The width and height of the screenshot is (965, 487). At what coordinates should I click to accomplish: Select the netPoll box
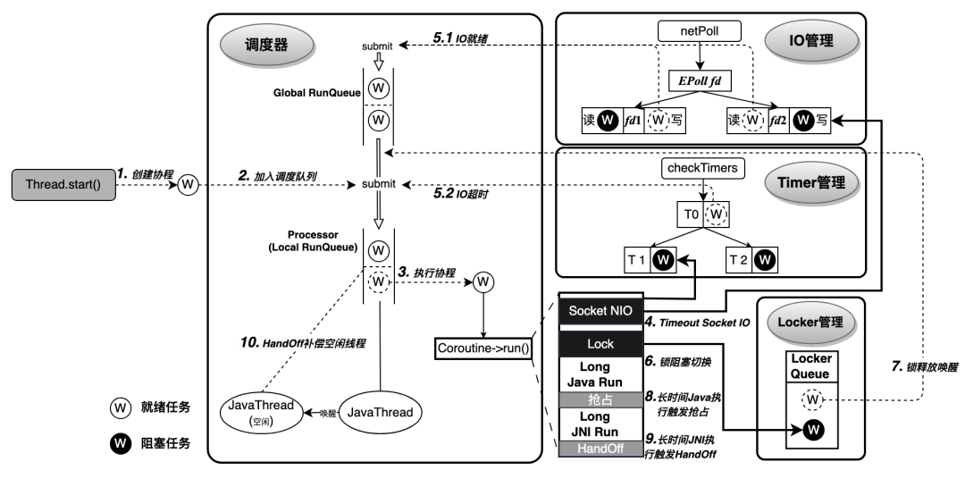701,32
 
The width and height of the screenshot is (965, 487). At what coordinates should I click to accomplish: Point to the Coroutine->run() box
483,346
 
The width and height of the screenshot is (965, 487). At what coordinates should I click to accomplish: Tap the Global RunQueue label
318,92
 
